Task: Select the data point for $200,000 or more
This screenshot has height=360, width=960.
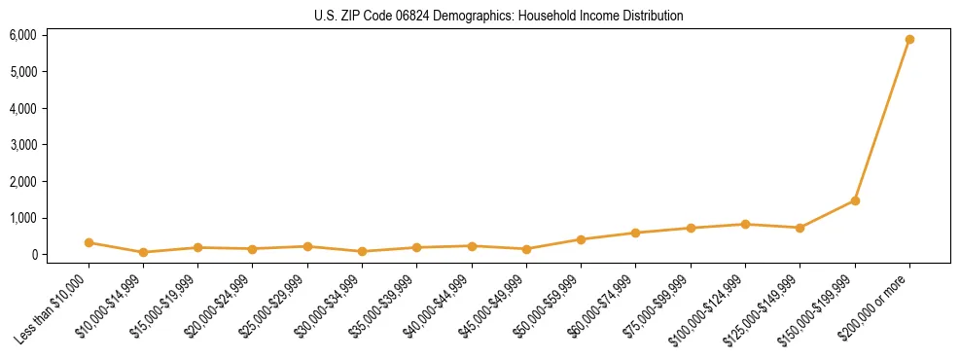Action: pos(909,40)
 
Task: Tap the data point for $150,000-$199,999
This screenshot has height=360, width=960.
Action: pos(855,200)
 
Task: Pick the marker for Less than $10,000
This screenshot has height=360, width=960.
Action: pos(89,242)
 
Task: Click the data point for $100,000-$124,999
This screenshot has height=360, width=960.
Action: pos(745,225)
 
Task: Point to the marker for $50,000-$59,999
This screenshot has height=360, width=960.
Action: pos(581,239)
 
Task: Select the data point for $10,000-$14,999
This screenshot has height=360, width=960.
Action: pos(143,252)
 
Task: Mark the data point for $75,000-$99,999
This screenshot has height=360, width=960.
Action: pos(691,229)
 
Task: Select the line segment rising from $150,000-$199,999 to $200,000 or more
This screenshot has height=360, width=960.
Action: pos(882,121)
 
